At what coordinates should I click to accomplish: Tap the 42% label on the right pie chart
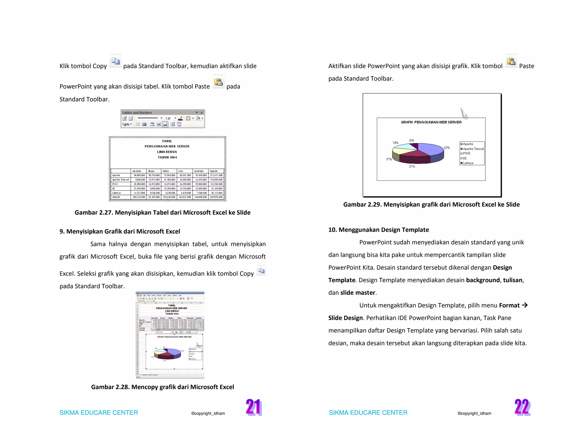pyautogui.click(x=447, y=148)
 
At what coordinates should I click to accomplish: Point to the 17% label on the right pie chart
pyautogui.click(x=389, y=159)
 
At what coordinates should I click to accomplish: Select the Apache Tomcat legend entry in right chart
pyautogui.click(x=473, y=149)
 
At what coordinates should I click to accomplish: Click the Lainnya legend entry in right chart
pyautogui.click(x=468, y=163)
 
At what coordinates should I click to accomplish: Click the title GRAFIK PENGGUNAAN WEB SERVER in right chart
pyautogui.click(x=431, y=122)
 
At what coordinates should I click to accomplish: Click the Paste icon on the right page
pyautogui.click(x=511, y=61)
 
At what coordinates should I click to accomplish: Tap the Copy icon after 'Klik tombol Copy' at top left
pyautogui.click(x=116, y=61)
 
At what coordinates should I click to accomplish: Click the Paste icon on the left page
pyautogui.click(x=219, y=82)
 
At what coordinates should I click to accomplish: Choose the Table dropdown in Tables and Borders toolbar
pyautogui.click(x=127, y=124)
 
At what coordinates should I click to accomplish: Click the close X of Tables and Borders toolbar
pyautogui.click(x=202, y=113)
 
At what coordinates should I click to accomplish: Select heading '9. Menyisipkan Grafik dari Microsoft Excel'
pyautogui.click(x=120, y=231)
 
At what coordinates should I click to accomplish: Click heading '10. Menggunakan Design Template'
pyautogui.click(x=378, y=230)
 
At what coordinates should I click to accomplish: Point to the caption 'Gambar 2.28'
pyautogui.click(x=162, y=387)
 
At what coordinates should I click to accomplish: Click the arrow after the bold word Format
pyautogui.click(x=525, y=305)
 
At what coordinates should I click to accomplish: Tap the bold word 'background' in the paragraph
pyautogui.click(x=483, y=280)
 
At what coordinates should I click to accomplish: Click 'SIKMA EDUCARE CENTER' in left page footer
pyautogui.click(x=99, y=413)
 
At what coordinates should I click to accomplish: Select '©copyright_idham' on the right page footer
pyautogui.click(x=474, y=413)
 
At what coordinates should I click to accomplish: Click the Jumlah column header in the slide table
pyautogui.click(x=214, y=171)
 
